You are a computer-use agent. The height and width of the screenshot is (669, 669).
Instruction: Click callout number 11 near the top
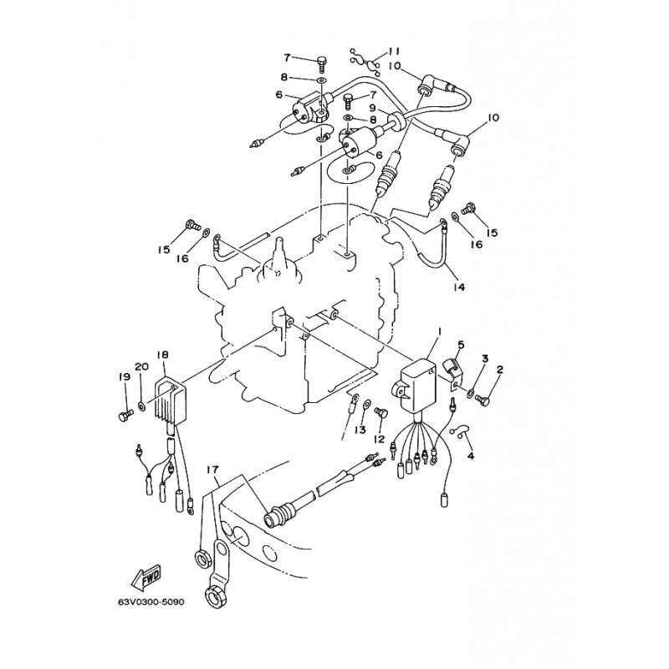coord(395,51)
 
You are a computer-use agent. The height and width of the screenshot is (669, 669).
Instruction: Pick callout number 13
coord(360,430)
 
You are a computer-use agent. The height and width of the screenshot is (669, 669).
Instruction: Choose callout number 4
coord(470,456)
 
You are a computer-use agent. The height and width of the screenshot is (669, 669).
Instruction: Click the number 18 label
coord(164,355)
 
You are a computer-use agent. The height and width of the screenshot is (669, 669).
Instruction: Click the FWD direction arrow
coord(145,577)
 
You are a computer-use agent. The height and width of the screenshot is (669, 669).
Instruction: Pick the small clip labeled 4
coord(461,432)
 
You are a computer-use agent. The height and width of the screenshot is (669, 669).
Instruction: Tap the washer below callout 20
coord(142,406)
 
